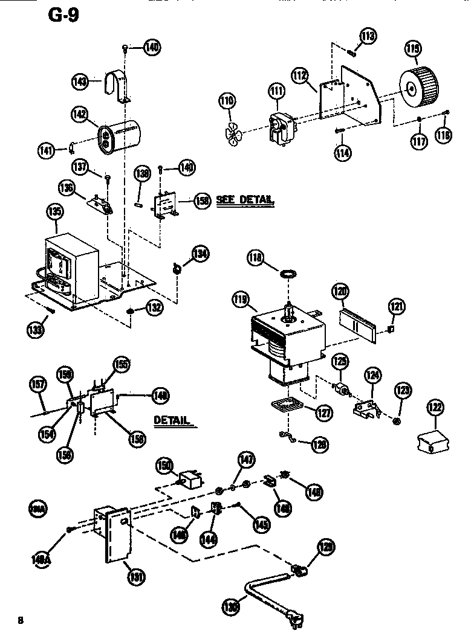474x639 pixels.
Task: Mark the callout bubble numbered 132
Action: pos(155,307)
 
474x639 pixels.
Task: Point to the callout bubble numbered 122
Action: pos(435,407)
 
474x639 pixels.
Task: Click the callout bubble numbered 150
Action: pos(163,465)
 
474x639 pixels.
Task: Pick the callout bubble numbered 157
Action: pos(37,384)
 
